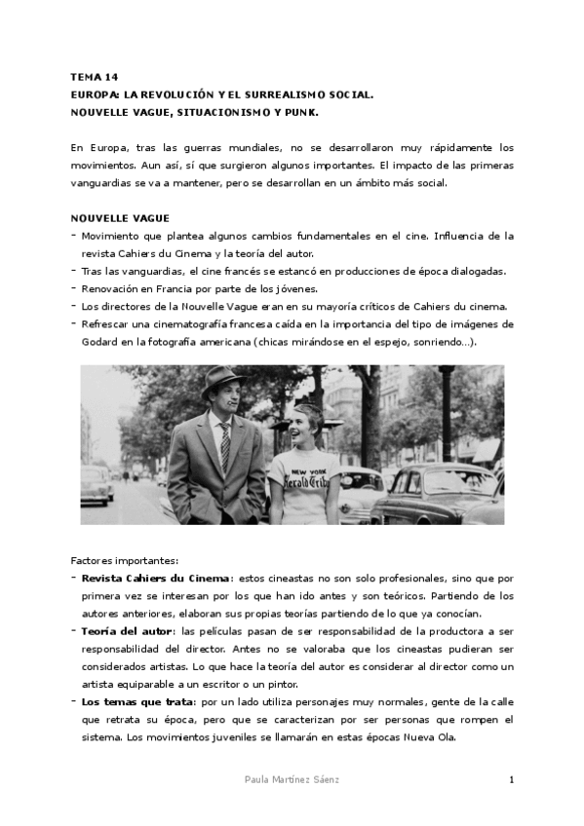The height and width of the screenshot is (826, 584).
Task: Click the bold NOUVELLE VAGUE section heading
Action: (x=120, y=218)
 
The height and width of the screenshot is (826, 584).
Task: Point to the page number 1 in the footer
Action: (x=511, y=780)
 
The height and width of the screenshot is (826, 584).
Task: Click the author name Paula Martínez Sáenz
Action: (x=292, y=780)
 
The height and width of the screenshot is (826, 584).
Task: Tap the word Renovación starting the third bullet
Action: (x=111, y=289)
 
